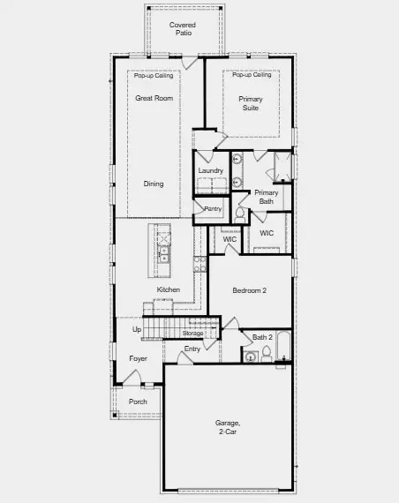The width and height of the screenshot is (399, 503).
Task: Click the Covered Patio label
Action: [x=183, y=29]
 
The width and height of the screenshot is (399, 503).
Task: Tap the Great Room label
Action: [x=154, y=98]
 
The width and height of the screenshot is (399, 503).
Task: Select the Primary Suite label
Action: [x=251, y=104]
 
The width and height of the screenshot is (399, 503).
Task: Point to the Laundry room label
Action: [x=210, y=170]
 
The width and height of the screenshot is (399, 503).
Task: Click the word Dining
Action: [x=154, y=184]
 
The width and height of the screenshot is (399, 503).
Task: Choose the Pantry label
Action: [x=213, y=209]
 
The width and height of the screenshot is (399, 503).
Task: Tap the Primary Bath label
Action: [x=267, y=197]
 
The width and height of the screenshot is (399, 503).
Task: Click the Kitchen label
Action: [x=169, y=289]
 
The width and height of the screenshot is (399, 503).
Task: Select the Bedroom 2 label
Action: [x=250, y=290]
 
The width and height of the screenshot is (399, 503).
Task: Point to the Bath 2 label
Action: [x=262, y=337]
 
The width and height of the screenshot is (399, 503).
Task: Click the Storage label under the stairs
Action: [x=193, y=334]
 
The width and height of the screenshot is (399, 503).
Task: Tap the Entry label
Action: [x=192, y=349]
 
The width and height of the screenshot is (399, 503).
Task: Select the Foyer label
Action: [x=139, y=358]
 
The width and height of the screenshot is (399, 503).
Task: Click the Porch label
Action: [x=139, y=402]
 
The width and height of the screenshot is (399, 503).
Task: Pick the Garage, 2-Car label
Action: [x=227, y=427]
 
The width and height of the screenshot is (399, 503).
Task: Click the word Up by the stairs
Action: [x=136, y=330]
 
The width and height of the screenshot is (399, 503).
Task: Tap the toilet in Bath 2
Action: [x=251, y=357]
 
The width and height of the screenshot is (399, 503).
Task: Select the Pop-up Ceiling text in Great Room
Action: [x=154, y=76]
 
